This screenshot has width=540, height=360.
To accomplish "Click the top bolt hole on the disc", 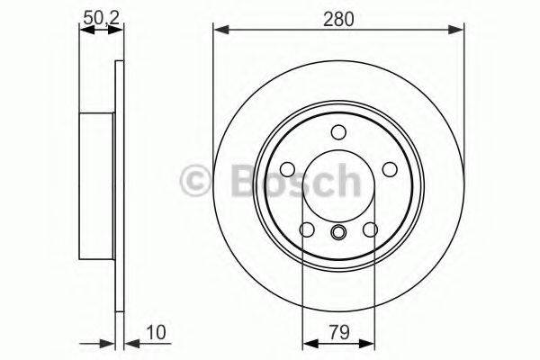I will tap(339, 132).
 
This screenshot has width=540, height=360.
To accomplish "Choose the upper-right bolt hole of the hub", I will tap(390, 169).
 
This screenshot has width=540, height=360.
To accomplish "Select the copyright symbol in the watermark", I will tap(197, 181).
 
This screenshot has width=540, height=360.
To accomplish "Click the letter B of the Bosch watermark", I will tap(232, 181).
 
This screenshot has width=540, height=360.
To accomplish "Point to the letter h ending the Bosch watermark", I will tap(345, 181).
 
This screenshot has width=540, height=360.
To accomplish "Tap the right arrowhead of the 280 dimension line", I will tap(462, 31).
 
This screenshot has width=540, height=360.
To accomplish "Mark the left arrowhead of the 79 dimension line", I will tap(309, 343).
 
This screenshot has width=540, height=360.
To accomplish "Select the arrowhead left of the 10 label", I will tap(128, 343).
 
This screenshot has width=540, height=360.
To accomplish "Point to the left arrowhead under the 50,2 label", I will tap(85, 31).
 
